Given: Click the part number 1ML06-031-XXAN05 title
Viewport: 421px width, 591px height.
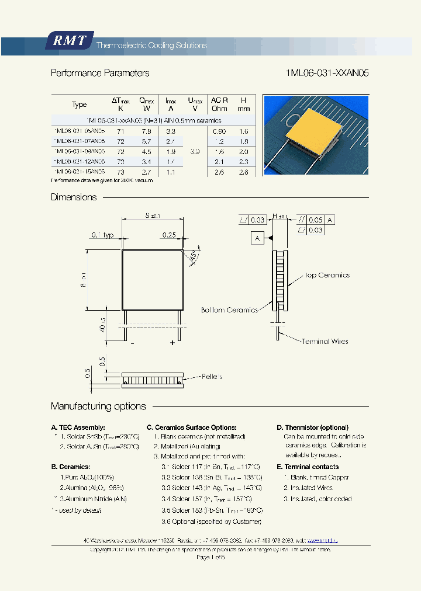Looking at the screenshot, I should pyautogui.click(x=327, y=74).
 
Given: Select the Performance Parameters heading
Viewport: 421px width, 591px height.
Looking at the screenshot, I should pyautogui.click(x=100, y=74).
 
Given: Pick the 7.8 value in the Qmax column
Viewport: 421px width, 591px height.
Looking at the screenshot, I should pyautogui.click(x=146, y=132).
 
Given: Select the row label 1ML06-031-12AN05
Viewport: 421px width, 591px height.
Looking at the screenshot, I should pyautogui.click(x=79, y=161).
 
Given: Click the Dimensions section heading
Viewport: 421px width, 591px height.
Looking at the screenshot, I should pyautogui.click(x=74, y=197).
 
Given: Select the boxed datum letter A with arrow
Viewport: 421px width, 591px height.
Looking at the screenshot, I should pyautogui.click(x=258, y=238).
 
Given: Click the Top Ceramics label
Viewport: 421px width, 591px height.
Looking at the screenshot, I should pyautogui.click(x=327, y=275).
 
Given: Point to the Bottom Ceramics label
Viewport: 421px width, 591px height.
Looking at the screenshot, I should pyautogui.click(x=229, y=310).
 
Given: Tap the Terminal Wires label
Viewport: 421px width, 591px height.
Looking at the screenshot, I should pyautogui.click(x=325, y=342).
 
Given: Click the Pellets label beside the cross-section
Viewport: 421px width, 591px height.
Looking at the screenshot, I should pyautogui.click(x=212, y=377).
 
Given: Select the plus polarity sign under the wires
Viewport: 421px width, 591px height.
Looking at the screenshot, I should pyautogui.click(x=172, y=343).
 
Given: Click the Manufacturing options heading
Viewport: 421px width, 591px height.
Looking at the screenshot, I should pyautogui.click(x=98, y=406).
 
